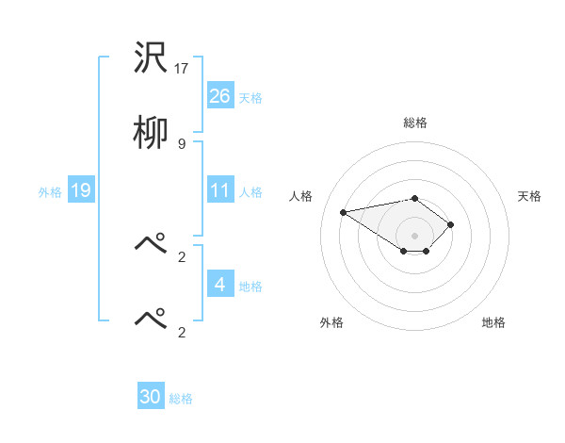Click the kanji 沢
(x=151, y=58)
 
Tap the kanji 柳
(x=151, y=133)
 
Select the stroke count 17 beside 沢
(x=183, y=69)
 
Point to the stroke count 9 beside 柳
(x=182, y=143)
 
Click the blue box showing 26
(x=219, y=95)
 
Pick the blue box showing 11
(x=219, y=190)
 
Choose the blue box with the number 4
(x=219, y=284)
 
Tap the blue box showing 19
(x=80, y=190)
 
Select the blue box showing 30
(x=151, y=397)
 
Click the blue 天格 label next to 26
(x=250, y=97)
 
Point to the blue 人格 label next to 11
(x=250, y=191)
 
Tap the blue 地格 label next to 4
(x=250, y=286)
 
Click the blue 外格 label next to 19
(x=50, y=191)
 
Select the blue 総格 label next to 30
(x=181, y=399)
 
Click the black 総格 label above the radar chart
(x=414, y=123)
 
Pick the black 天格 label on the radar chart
(x=529, y=196)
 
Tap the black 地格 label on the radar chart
(x=493, y=322)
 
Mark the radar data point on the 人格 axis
(x=344, y=212)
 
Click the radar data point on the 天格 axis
(x=451, y=224)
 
